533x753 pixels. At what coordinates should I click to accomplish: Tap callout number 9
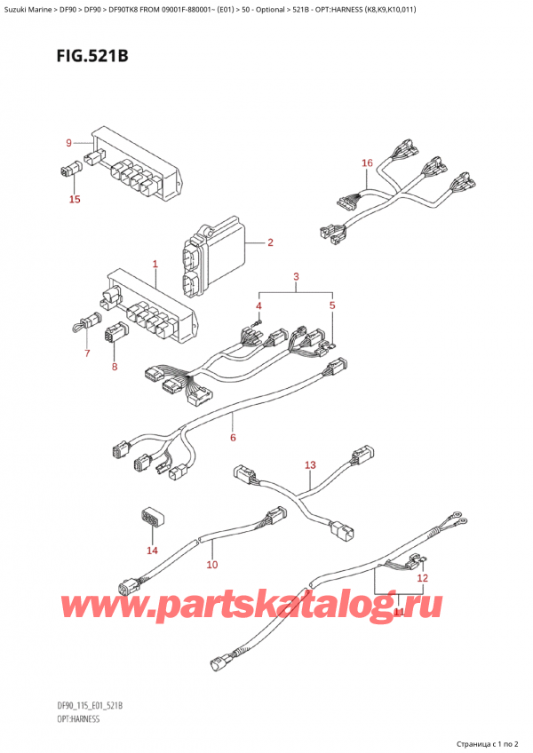click(68, 143)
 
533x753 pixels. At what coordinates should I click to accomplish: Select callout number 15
click(75, 200)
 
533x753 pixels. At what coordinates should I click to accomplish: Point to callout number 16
click(367, 163)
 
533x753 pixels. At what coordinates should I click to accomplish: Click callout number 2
click(269, 242)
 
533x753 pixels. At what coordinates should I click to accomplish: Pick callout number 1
click(155, 264)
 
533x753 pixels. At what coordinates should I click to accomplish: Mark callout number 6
click(233, 437)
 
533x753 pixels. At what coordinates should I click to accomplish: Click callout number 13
click(309, 464)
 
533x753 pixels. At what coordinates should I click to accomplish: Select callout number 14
click(152, 551)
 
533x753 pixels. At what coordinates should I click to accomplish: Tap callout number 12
click(423, 578)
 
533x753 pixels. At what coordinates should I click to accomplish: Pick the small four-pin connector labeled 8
click(115, 337)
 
